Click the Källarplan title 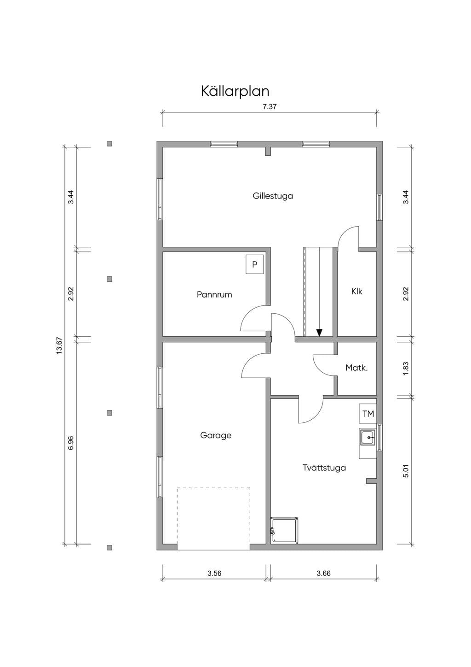(x=235, y=91)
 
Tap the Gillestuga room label (x=273, y=196)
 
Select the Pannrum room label (x=214, y=295)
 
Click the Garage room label (x=216, y=436)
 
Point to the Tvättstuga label (x=324, y=468)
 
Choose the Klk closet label (x=357, y=291)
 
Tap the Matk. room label (x=356, y=368)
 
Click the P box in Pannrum (x=254, y=264)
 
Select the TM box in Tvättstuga (x=368, y=414)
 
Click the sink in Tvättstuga (x=368, y=438)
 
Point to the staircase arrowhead (x=319, y=333)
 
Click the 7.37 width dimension (x=270, y=107)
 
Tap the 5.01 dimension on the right (x=406, y=471)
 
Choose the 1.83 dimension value (x=406, y=369)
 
